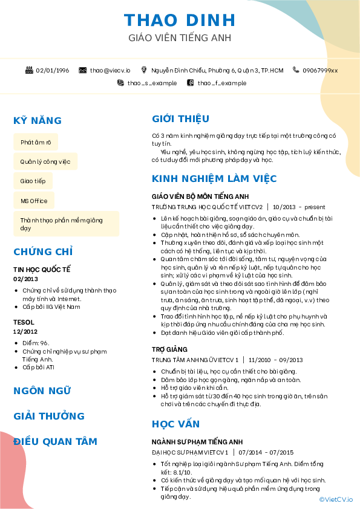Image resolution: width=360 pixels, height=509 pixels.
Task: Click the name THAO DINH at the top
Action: tap(180, 20)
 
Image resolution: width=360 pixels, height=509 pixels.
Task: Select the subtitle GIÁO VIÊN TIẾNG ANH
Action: tap(180, 38)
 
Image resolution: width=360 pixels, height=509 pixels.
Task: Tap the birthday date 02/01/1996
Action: tap(53, 71)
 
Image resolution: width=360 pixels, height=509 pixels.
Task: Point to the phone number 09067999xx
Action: tap(320, 71)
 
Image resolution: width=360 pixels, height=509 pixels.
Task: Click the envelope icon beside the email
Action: tap(83, 71)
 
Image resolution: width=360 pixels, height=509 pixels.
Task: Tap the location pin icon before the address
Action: tap(144, 71)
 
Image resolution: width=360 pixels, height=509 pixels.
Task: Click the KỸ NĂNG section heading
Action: tap(38, 120)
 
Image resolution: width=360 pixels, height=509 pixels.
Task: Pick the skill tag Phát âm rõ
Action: tap(36, 142)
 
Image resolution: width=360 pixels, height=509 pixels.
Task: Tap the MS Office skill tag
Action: tap(34, 201)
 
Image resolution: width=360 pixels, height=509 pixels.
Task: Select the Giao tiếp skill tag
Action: tap(33, 181)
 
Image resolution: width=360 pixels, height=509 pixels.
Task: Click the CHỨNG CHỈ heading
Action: tap(43, 251)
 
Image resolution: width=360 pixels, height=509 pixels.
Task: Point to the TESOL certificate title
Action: tap(24, 322)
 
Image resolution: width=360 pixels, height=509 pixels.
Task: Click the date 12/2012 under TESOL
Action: tap(25, 332)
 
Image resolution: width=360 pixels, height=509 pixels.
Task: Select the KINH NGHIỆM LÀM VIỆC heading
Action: tap(214, 179)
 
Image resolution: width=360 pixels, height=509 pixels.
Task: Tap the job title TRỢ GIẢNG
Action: tap(169, 349)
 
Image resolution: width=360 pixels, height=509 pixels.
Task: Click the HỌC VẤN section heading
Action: tap(175, 424)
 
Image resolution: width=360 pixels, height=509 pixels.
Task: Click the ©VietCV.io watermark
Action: tap(336, 499)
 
